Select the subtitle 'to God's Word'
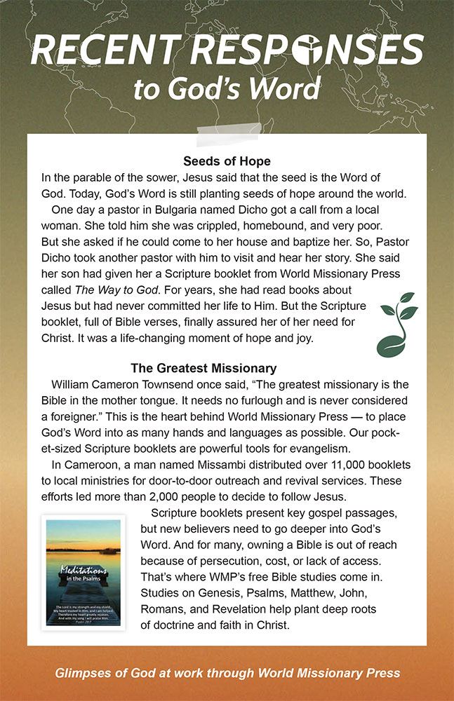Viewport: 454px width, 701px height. point(227,90)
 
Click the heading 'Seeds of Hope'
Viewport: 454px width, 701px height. point(227,161)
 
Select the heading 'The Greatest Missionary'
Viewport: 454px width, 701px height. point(203,368)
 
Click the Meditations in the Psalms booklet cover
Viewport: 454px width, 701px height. point(84,572)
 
